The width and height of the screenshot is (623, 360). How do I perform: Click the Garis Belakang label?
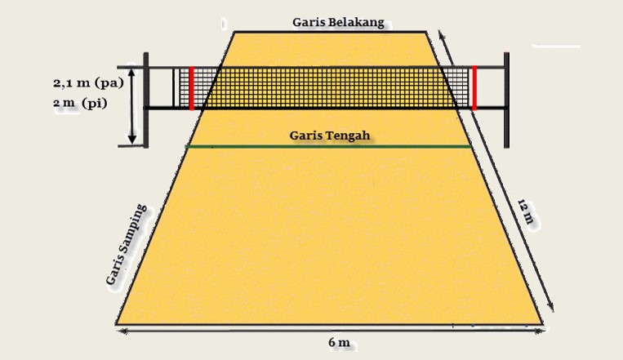tap(337, 22)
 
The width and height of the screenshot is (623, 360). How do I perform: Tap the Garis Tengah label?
tap(330, 135)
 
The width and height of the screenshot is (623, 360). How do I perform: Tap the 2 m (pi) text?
tap(80, 104)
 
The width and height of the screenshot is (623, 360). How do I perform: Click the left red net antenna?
tap(191, 88)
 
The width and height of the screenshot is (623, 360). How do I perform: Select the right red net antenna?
tap(474, 88)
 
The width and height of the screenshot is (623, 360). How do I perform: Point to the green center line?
tap(245, 147)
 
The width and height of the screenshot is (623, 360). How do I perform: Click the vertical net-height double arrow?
tap(131, 106)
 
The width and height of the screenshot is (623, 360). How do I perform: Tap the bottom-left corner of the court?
tap(117, 323)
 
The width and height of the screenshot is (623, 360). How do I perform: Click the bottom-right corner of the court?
tap(542, 323)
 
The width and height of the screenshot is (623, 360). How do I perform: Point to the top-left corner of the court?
tap(234, 32)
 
